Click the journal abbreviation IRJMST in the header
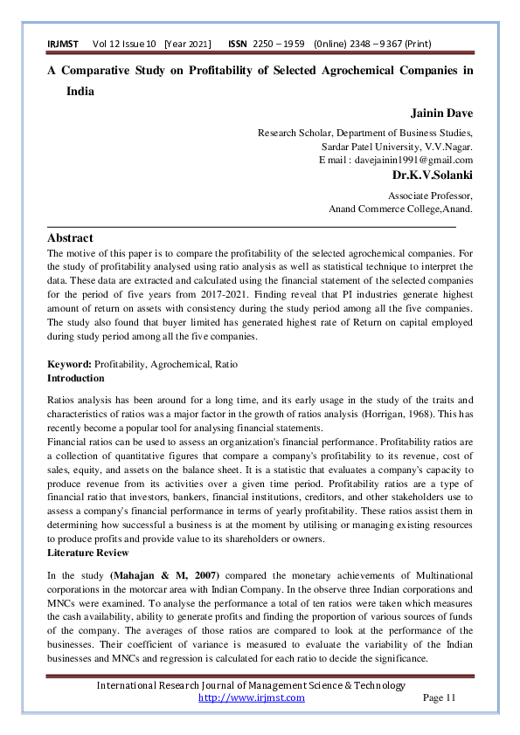[63, 45]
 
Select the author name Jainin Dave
[441, 113]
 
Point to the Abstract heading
[70, 237]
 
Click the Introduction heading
[75, 378]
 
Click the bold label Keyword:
[68, 364]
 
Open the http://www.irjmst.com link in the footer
[252, 697]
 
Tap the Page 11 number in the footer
[440, 697]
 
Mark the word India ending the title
[80, 91]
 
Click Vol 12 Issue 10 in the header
[123, 45]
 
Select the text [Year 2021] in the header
[188, 45]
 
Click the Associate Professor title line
[430, 196]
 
